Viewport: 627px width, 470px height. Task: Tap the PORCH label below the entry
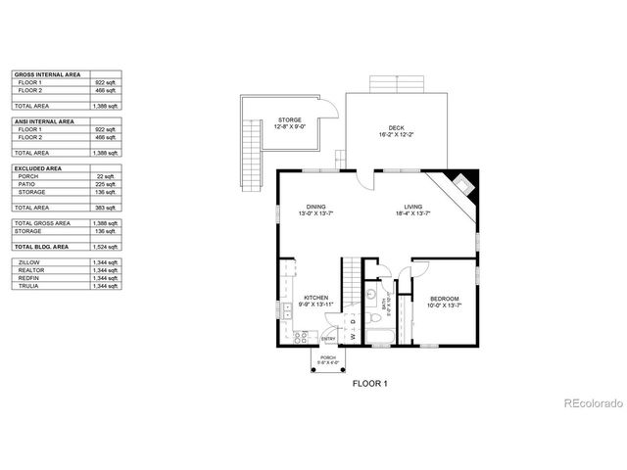pyautogui.click(x=328, y=359)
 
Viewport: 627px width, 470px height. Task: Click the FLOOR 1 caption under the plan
pyautogui.click(x=370, y=385)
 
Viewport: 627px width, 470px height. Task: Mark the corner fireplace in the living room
pyautogui.click(x=460, y=184)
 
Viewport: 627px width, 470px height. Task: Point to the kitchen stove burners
pyautogui.click(x=301, y=336)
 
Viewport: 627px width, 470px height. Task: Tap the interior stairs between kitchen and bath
pyautogui.click(x=349, y=274)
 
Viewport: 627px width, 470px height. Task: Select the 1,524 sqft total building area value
pyautogui.click(x=105, y=246)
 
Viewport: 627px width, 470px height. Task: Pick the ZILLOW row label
pyautogui.click(x=28, y=261)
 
